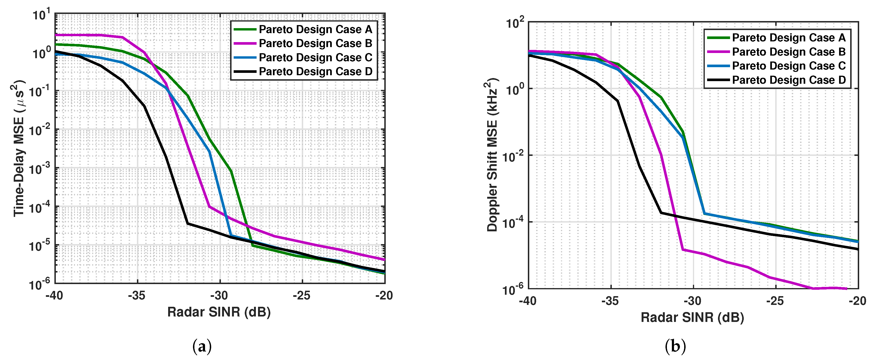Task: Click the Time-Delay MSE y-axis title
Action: [x=19, y=148]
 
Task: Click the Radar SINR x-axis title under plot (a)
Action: [x=219, y=312]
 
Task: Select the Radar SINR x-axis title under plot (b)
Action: [x=692, y=317]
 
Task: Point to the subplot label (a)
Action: [x=202, y=347]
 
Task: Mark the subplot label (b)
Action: [x=675, y=347]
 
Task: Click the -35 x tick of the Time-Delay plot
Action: [x=137, y=296]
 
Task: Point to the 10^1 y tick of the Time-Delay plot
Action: [x=42, y=15]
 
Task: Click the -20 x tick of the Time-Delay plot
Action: [x=384, y=296]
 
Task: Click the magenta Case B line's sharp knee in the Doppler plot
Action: [x=683, y=250]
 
